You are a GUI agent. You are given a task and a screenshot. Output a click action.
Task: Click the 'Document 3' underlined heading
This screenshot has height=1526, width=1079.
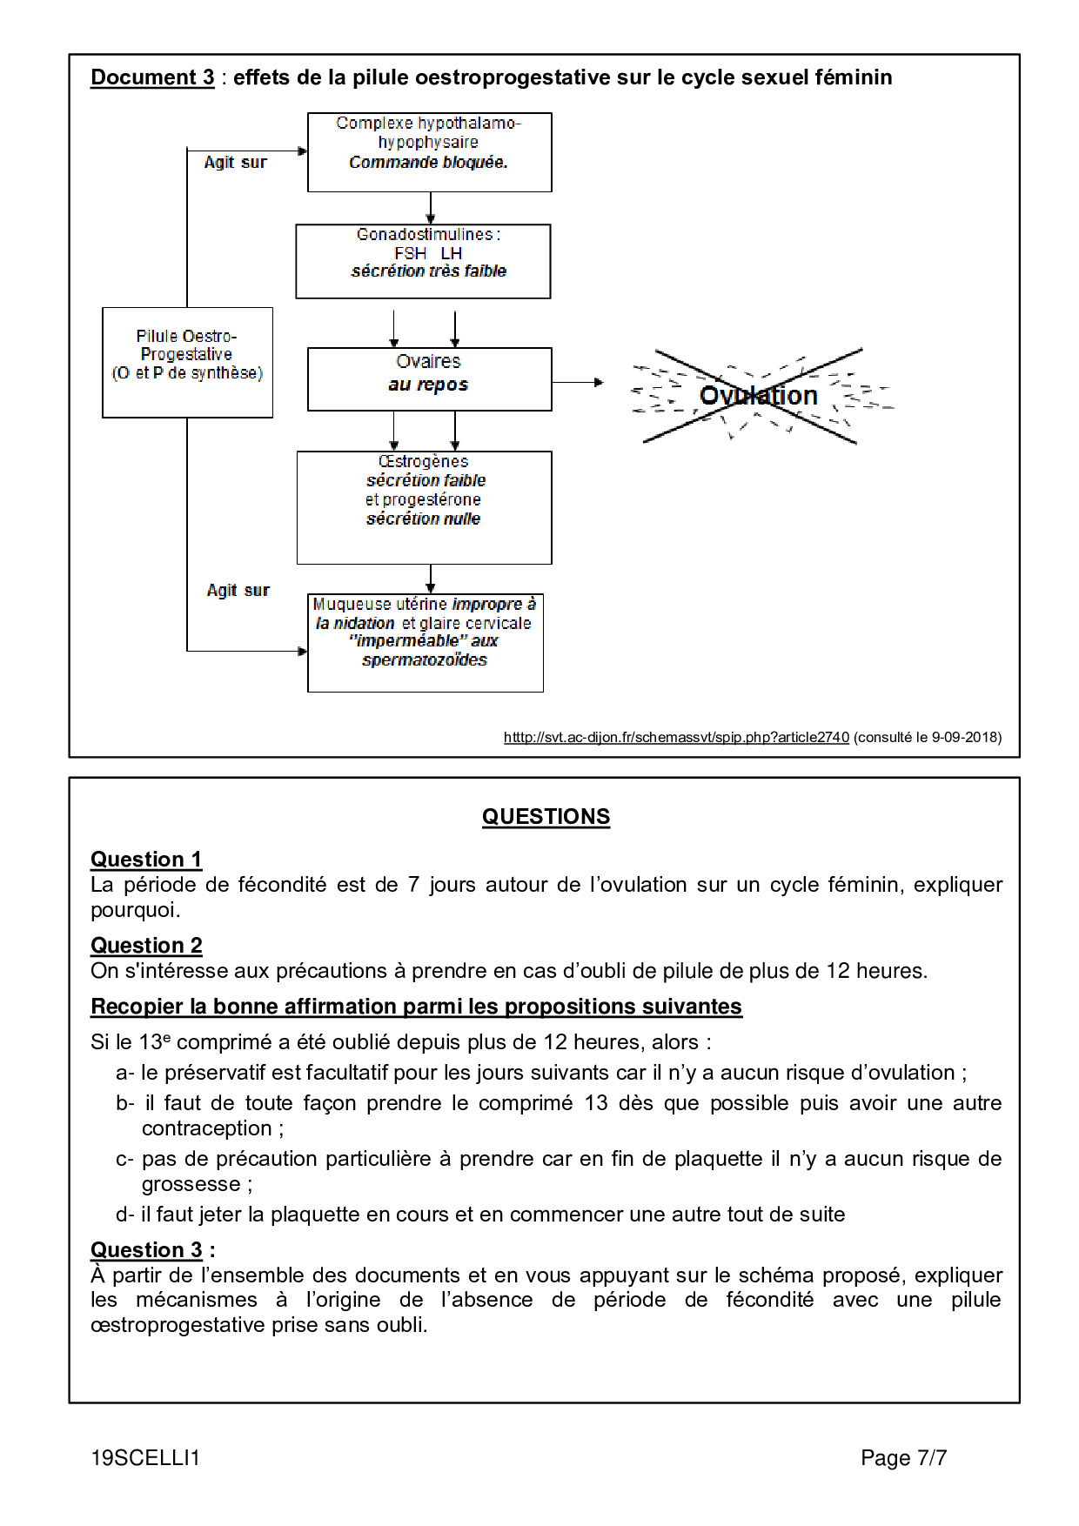click(x=152, y=77)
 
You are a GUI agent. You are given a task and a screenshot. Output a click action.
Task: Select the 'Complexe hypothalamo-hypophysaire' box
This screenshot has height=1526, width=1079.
click(x=429, y=152)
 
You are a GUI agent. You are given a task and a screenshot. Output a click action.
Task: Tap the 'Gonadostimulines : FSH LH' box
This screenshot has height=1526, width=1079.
click(x=423, y=261)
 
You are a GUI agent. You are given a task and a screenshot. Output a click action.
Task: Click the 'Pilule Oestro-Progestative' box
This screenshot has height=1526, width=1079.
click(x=187, y=362)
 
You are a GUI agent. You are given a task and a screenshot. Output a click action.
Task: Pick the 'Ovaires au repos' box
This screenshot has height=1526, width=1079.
click(x=429, y=379)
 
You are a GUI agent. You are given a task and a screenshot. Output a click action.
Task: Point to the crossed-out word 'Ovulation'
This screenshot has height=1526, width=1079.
click(x=758, y=396)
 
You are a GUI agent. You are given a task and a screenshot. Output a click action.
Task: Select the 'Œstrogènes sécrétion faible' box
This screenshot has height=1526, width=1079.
click(x=424, y=507)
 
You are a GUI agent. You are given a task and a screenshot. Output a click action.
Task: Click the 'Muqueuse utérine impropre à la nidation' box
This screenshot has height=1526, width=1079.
click(x=425, y=643)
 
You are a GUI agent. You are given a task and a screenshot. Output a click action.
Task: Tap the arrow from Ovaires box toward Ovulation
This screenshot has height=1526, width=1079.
click(x=578, y=382)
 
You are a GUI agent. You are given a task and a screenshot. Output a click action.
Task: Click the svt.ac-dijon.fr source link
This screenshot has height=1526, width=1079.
click(x=676, y=738)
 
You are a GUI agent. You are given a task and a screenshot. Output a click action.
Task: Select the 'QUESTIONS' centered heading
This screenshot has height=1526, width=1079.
click(x=546, y=817)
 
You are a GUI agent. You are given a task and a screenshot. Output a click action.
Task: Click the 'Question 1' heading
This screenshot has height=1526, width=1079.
click(x=146, y=860)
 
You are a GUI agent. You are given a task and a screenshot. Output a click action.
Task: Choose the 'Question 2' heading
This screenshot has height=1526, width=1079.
click(x=146, y=946)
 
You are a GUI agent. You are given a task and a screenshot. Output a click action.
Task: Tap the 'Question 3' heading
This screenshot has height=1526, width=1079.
click(x=146, y=1250)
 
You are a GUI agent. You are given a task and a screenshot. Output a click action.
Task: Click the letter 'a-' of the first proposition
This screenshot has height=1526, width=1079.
click(x=124, y=1073)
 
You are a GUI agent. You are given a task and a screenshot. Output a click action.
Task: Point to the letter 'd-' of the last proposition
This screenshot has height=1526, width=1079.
click(x=124, y=1215)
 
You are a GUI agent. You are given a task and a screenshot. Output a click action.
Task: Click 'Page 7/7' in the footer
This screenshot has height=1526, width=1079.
click(x=903, y=1458)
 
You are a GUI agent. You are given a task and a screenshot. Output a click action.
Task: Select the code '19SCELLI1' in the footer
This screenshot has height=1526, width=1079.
click(x=145, y=1458)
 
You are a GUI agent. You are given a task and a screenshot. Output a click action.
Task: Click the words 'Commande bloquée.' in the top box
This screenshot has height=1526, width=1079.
click(x=428, y=163)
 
